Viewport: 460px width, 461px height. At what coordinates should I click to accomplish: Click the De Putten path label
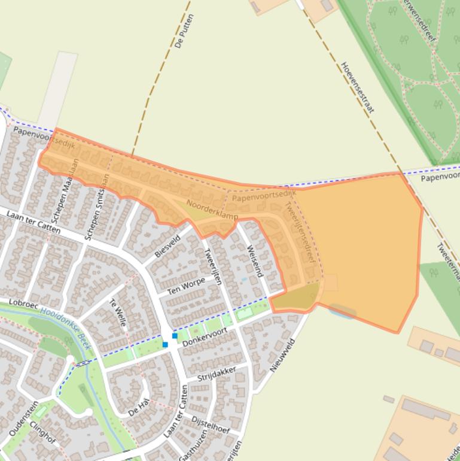185,31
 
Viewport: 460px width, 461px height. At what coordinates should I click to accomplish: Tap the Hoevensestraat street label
357,87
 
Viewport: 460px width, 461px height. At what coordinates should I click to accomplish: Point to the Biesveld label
167,246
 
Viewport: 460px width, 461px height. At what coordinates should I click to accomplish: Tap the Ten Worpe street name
186,286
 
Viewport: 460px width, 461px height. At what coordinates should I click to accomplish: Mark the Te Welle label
118,312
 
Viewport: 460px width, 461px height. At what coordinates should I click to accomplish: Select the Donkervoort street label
205,338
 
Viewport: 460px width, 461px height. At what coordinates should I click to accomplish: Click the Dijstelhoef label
211,426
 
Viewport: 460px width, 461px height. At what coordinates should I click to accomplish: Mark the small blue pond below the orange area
342,311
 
